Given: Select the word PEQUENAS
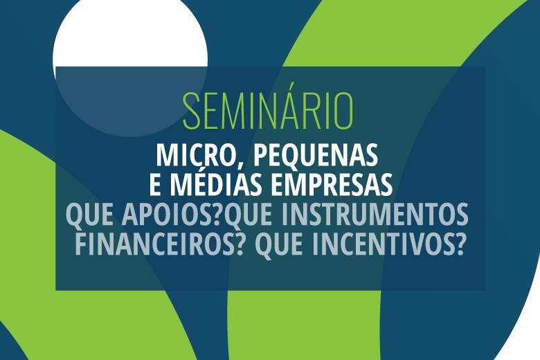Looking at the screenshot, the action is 316,155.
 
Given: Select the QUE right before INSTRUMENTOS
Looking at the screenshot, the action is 249,215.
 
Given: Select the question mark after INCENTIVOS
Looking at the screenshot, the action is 458,244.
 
